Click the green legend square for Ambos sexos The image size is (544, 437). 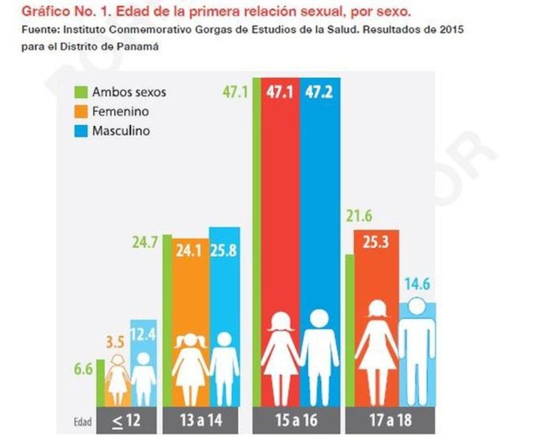click(x=81, y=92)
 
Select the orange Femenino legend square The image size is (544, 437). click(x=81, y=111)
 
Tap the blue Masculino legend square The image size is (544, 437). click(x=81, y=131)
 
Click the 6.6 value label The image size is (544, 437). click(x=82, y=370)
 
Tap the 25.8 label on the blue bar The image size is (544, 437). click(x=224, y=251)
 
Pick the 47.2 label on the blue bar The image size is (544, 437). click(x=320, y=92)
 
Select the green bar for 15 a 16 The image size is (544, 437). click(x=256, y=241)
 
